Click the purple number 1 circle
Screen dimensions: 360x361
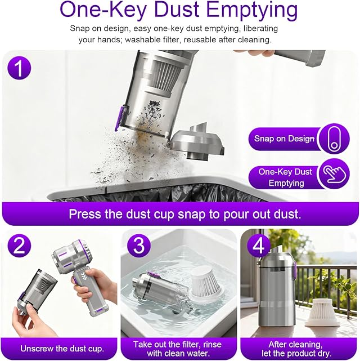(x=20, y=68)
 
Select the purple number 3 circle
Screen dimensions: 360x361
(x=139, y=245)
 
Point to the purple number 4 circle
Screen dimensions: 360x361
(x=259, y=245)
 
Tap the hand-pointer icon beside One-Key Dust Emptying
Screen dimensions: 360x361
(x=334, y=173)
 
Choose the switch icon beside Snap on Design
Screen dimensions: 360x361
(x=334, y=139)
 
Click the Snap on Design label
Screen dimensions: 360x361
(x=284, y=139)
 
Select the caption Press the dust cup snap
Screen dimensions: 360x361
(x=185, y=214)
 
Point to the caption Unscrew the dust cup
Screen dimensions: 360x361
(x=62, y=349)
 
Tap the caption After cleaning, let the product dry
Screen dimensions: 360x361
(x=296, y=349)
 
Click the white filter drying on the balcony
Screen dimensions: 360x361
(x=322, y=312)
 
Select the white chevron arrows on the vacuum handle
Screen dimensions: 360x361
(x=82, y=278)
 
